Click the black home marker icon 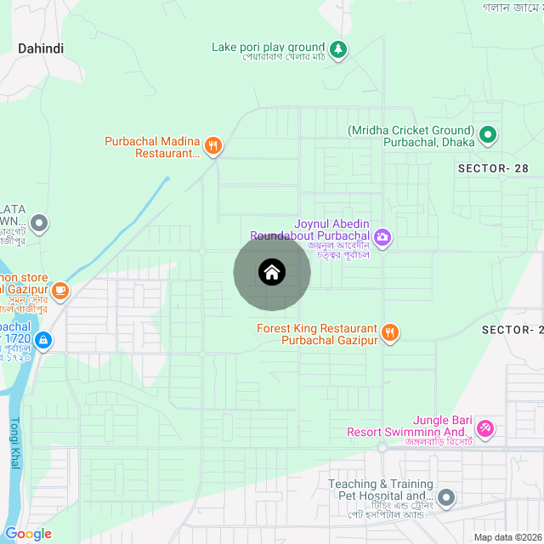[x=272, y=272]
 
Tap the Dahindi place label [x=41, y=48]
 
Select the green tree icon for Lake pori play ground [x=339, y=49]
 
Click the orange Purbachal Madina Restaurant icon [x=213, y=146]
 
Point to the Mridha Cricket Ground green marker [x=488, y=134]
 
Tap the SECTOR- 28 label [x=493, y=168]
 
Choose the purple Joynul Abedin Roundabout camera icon [x=382, y=236]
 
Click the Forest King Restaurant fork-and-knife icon [x=390, y=332]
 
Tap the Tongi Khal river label [x=15, y=445]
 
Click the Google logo [x=28, y=534]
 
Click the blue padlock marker [x=43, y=342]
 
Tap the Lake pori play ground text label [x=268, y=48]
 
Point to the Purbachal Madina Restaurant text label [x=152, y=147]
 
